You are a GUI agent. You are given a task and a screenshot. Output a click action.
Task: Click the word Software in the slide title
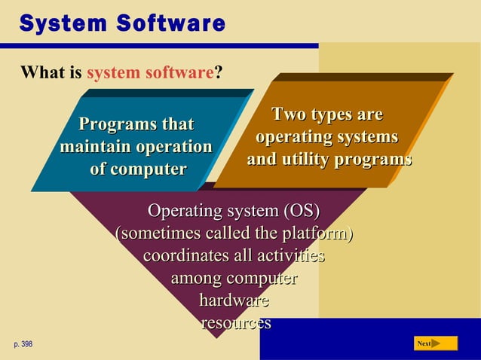[x=171, y=23]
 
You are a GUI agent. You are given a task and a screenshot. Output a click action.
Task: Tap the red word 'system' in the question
[x=111, y=74]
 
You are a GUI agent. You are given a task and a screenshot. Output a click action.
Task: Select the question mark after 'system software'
[x=218, y=74]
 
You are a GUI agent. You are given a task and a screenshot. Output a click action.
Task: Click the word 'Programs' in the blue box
[x=112, y=124]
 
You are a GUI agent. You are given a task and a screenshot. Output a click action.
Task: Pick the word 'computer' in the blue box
[x=147, y=169]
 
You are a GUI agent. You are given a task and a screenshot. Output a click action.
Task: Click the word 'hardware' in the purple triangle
[x=234, y=301]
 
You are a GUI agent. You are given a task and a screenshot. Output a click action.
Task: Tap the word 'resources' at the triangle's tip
[x=235, y=324]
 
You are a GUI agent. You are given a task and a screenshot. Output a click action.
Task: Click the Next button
[x=436, y=343]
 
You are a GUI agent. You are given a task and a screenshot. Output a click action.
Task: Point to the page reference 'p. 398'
[x=23, y=344]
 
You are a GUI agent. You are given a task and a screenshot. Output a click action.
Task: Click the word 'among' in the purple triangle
[x=197, y=279]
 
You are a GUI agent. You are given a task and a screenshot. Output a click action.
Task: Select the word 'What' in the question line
[x=38, y=74]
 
